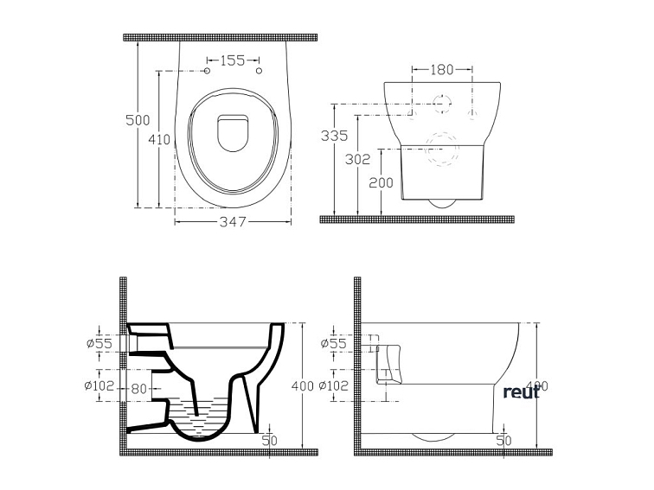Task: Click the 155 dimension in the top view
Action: pos(233,60)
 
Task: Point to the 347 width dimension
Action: pos(233,222)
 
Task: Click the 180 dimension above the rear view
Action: pos(442,68)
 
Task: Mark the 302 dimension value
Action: pos(356,159)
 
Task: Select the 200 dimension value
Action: pos(381,182)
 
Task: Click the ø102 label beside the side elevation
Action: pos(334,385)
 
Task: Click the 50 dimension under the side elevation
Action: pos(503,440)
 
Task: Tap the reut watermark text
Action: pos(522,391)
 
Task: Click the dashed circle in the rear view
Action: pos(442,147)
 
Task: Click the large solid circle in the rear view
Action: pos(442,105)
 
